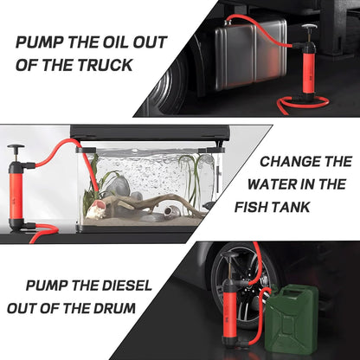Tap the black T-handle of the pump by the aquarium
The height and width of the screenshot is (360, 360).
click(15, 148)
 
